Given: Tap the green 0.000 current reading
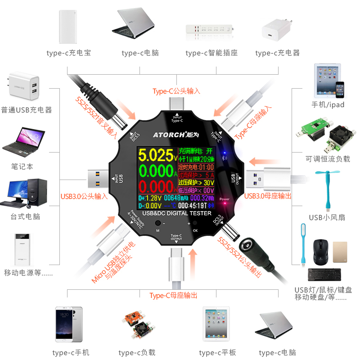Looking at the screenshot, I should [155, 171].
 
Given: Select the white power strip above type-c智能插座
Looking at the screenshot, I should [211, 30].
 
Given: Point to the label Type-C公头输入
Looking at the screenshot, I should [176, 91].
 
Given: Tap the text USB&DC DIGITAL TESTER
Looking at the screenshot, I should [176, 213].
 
